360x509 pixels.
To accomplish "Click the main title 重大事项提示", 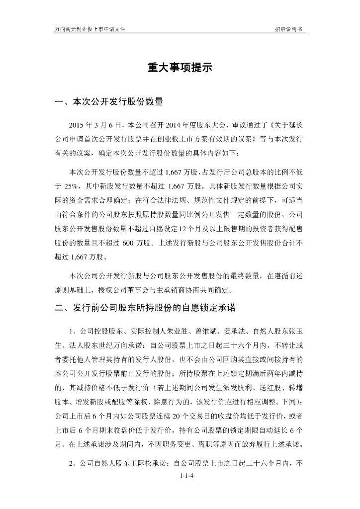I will tap(180, 68).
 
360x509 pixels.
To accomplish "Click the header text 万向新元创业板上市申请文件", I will tap(89, 29).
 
